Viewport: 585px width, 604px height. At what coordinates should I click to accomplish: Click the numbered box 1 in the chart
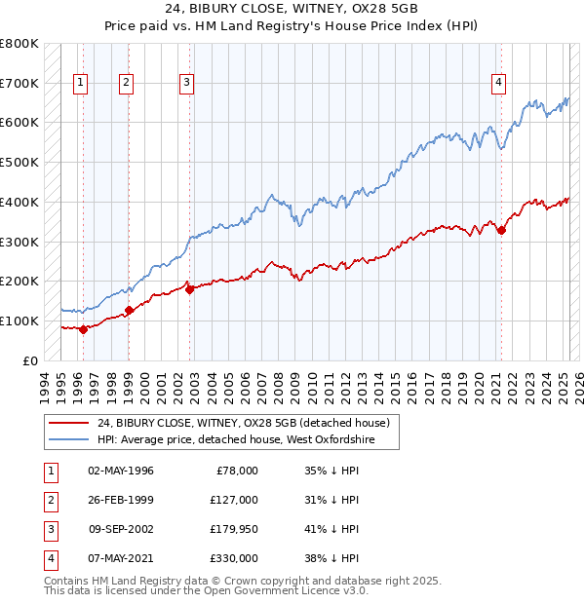pos(79,84)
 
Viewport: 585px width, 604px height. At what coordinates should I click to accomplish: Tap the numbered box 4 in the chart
pos(498,84)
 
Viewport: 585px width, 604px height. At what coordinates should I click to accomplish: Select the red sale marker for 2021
pos(501,230)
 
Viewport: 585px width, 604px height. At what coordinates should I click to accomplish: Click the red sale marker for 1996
pos(84,329)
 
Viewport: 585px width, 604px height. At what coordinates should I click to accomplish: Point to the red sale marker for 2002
pos(189,288)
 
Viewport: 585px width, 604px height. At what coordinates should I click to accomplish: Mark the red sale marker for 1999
pos(129,310)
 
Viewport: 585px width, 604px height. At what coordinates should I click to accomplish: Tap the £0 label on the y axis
pos(31,360)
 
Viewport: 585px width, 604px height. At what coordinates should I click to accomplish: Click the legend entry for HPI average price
pos(249,440)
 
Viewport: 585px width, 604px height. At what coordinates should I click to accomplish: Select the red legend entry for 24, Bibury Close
pos(243,423)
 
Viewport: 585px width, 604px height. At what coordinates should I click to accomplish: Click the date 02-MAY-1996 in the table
pos(120,471)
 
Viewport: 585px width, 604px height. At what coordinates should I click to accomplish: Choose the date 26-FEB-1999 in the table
pos(120,500)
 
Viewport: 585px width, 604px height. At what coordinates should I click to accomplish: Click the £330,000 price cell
pos(233,558)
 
